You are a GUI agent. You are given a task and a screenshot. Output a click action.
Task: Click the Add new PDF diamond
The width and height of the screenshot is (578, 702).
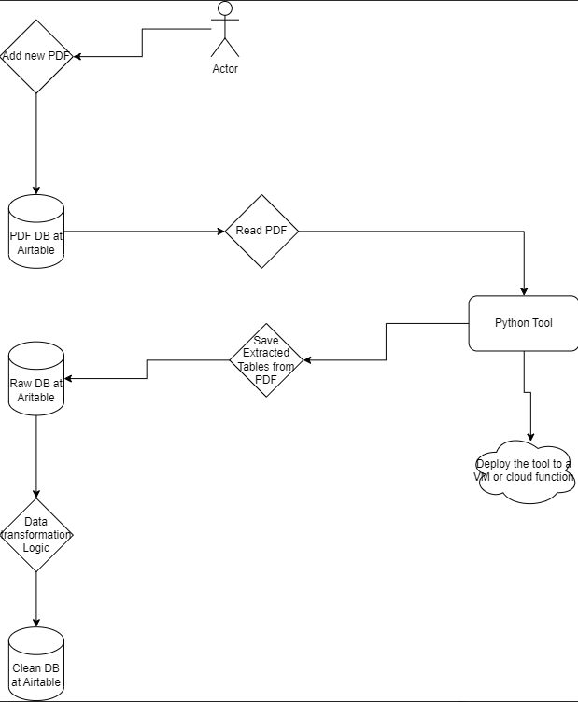[x=36, y=56]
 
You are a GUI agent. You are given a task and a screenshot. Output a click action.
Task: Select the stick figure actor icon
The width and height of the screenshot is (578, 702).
[x=224, y=29]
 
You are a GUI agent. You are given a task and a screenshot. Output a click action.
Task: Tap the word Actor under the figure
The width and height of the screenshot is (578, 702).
[x=225, y=69]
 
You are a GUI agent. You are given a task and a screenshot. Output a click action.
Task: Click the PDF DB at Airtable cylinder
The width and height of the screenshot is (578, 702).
[x=36, y=233]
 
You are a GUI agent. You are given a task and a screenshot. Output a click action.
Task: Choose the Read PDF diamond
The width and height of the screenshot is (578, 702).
[x=261, y=231]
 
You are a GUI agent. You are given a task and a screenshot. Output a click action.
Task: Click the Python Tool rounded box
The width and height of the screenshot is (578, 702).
[x=523, y=323]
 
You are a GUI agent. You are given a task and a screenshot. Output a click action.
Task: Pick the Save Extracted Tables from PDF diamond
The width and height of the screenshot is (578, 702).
[x=266, y=359]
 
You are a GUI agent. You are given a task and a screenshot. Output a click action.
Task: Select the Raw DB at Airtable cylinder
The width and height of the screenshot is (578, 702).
[x=36, y=378]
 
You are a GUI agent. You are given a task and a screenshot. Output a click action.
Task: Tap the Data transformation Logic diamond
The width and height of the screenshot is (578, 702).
[x=36, y=535]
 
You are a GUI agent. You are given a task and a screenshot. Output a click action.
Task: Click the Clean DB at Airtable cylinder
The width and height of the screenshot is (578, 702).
[x=36, y=664]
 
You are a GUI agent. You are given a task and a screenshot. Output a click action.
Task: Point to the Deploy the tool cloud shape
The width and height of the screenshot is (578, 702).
[x=523, y=470]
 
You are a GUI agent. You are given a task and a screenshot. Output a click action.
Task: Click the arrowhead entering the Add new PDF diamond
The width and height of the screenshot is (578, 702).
[x=78, y=57]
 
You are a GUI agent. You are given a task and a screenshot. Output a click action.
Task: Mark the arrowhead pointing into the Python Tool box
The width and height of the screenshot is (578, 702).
[x=524, y=290]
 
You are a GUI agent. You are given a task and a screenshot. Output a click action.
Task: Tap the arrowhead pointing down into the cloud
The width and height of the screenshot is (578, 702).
[x=531, y=436]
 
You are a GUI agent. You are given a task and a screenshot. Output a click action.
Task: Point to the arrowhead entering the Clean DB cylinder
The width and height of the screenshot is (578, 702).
[x=36, y=623]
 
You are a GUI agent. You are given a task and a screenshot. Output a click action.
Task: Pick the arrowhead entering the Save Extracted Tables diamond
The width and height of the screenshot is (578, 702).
[x=307, y=359]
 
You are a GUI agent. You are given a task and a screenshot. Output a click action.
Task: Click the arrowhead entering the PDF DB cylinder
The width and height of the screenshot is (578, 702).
[x=36, y=190]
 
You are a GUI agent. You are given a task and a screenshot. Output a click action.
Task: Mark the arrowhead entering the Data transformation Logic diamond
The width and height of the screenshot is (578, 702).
[x=36, y=494]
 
